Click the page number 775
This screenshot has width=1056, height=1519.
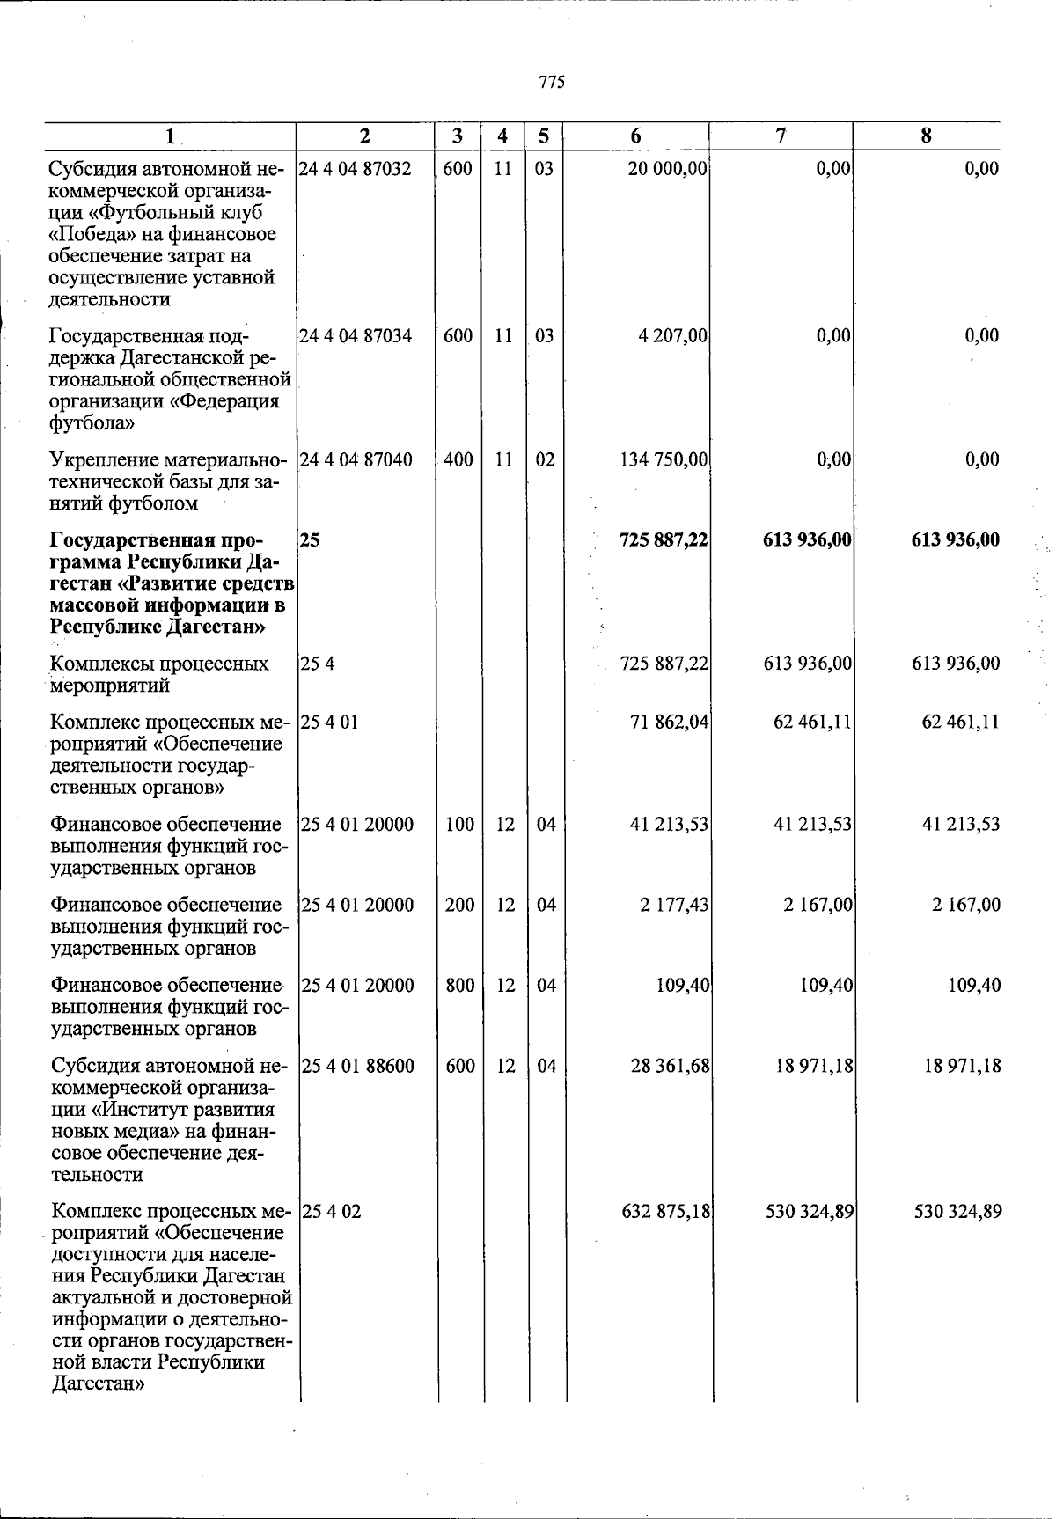[x=552, y=83]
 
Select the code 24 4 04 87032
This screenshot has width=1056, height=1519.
[x=356, y=169]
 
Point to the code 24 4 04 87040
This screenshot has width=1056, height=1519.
[x=356, y=459]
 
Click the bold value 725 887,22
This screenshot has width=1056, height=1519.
[x=664, y=539]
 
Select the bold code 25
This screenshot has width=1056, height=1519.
[x=310, y=539]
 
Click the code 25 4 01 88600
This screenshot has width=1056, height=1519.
[x=357, y=1066]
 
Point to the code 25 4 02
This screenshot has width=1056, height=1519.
[x=331, y=1211]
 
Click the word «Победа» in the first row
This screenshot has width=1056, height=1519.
[x=88, y=234]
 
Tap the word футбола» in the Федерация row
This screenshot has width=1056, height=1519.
[x=92, y=423]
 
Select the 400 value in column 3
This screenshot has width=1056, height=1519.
[x=458, y=459]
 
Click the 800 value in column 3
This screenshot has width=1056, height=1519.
[x=460, y=986]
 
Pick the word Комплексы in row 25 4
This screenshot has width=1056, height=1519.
[x=99, y=664]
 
